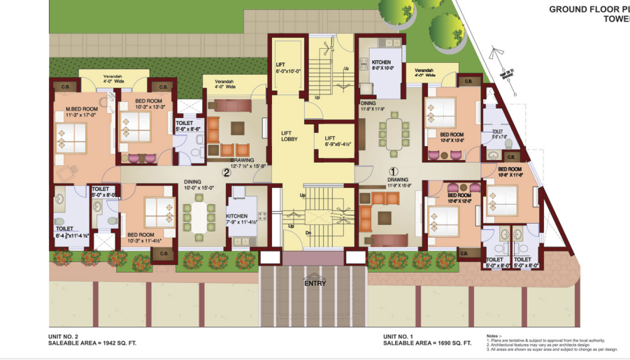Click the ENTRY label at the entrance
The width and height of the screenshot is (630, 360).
click(x=315, y=283)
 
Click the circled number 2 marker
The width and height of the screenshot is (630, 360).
click(x=226, y=172)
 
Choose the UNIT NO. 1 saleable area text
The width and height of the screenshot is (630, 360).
click(x=427, y=344)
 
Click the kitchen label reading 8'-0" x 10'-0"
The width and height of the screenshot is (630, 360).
click(x=382, y=65)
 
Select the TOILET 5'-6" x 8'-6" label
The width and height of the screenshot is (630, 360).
click(x=188, y=126)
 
